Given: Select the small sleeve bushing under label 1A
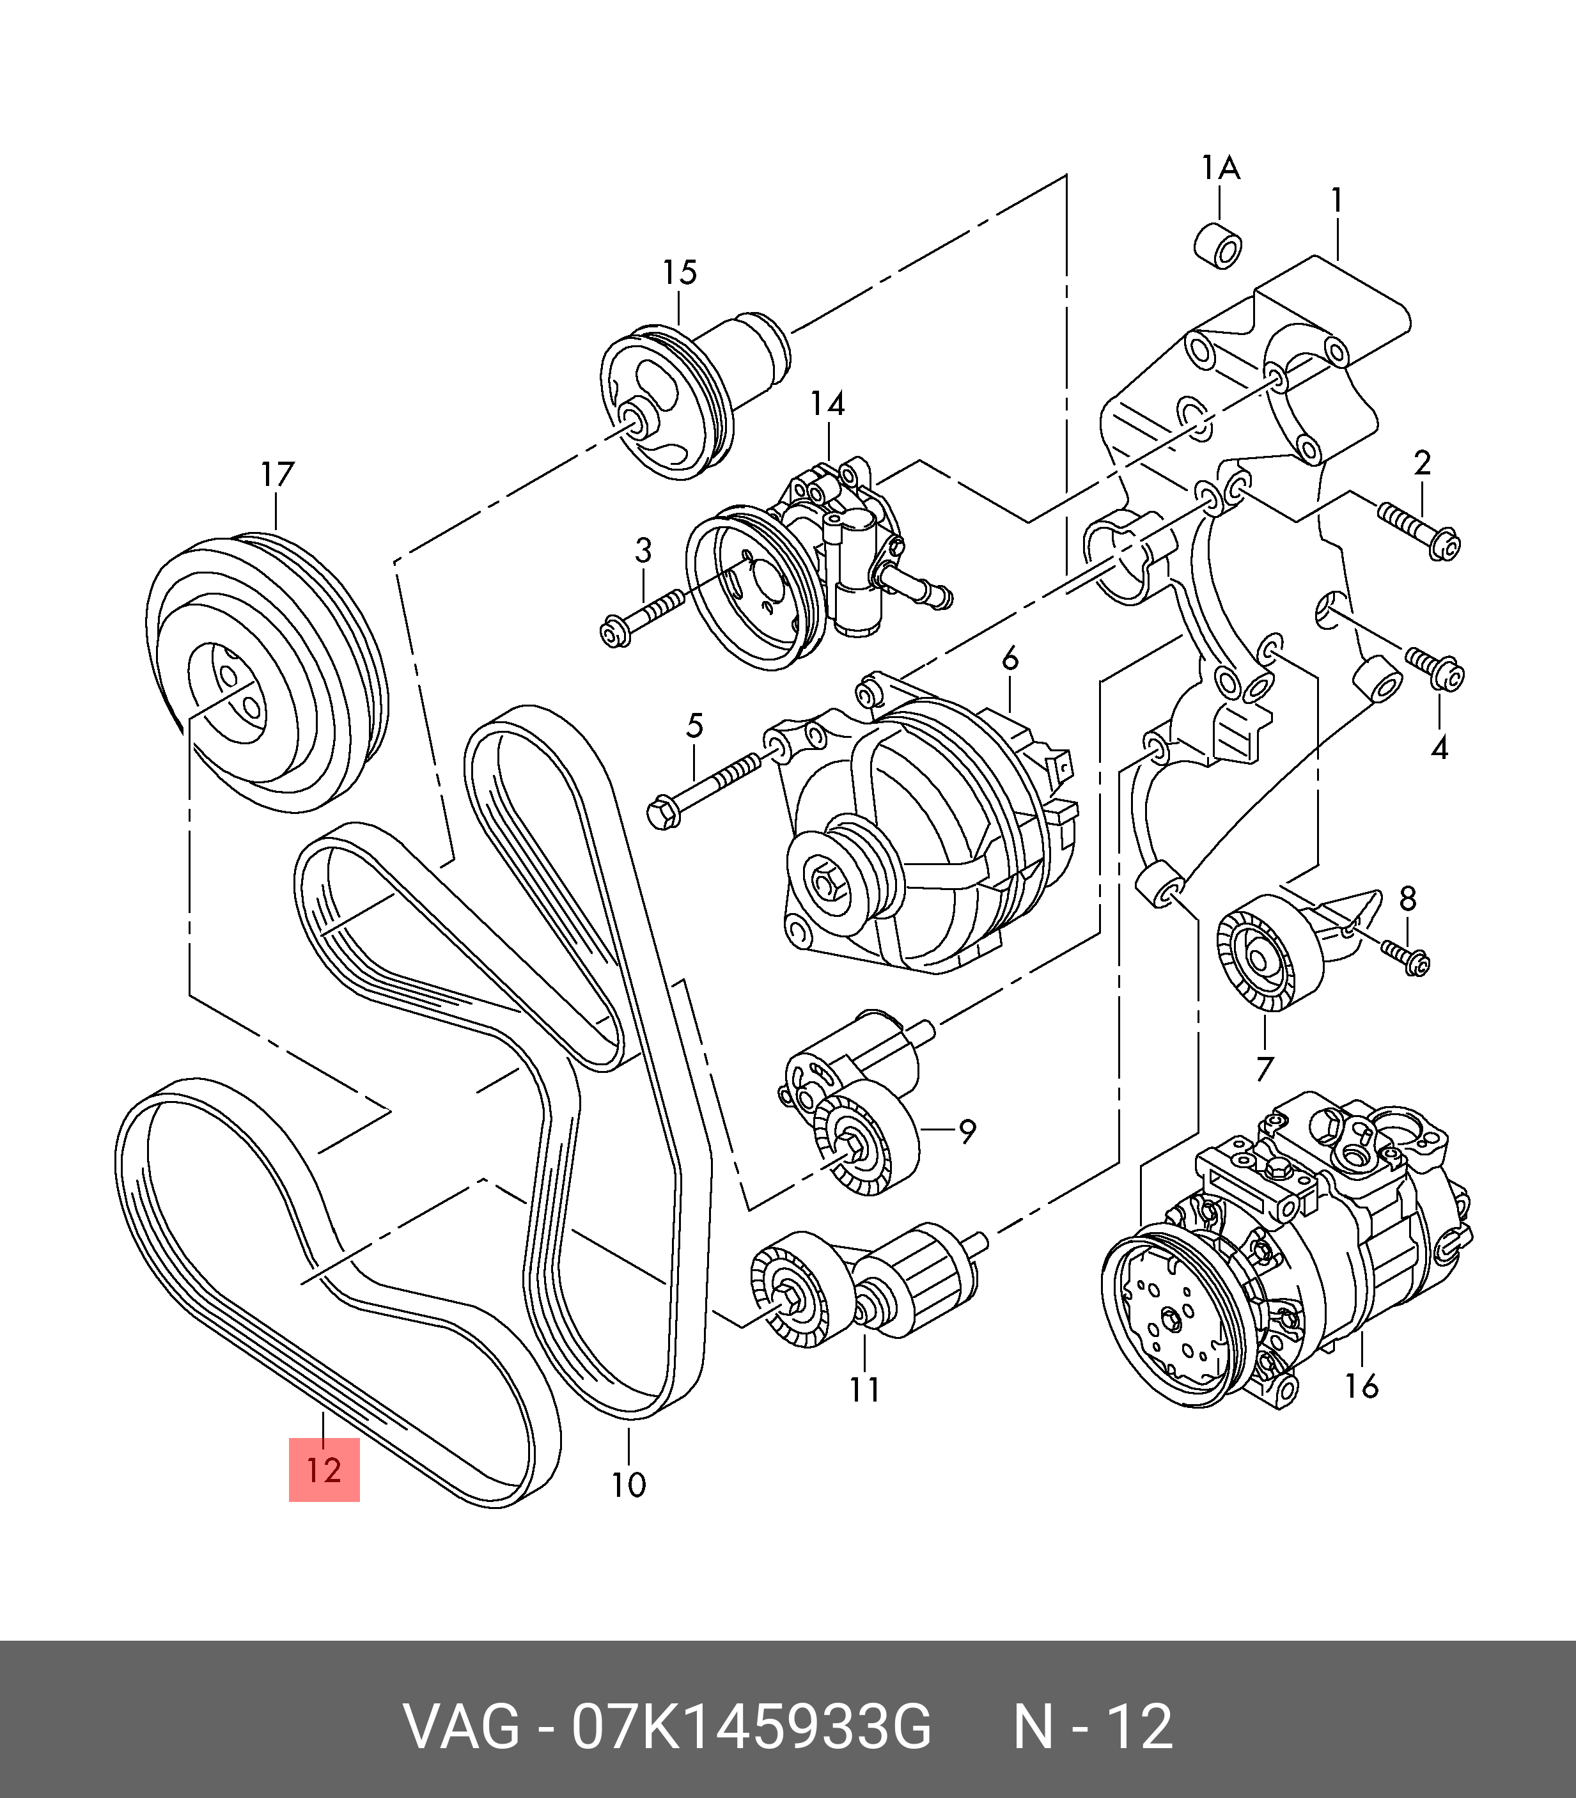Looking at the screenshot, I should coord(1219,246).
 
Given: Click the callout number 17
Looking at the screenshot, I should coord(276,475).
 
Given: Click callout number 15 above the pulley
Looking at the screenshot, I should coord(679,272).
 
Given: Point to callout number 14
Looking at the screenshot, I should coord(827,403).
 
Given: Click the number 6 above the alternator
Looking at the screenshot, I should coord(1010,658).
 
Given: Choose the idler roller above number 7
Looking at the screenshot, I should coord(1267,953).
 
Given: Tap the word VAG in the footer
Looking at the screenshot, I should coord(461,1727).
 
